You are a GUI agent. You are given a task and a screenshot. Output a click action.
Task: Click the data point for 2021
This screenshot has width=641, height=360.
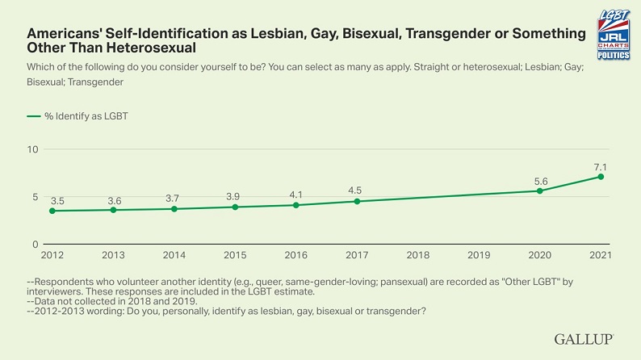tap(601, 177)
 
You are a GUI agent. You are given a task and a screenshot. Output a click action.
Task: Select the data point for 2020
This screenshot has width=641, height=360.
tap(540, 190)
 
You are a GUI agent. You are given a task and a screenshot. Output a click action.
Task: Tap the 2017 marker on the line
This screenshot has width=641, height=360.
tap(357, 201)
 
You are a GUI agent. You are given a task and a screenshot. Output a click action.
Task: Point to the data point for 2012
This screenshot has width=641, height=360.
tap(52, 211)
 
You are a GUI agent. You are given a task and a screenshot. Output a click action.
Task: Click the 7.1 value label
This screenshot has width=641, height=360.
tap(600, 165)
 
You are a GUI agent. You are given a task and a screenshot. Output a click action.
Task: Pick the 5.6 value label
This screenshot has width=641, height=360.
tap(539, 180)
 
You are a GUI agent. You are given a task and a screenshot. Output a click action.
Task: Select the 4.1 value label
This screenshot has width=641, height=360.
tap(295, 194)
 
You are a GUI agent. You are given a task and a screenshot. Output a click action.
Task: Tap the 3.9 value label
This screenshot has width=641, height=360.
tap(235, 196)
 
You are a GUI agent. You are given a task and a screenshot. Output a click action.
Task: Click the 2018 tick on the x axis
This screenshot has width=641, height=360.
tap(418, 255)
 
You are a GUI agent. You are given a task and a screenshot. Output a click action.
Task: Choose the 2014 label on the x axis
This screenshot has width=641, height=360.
tap(174, 255)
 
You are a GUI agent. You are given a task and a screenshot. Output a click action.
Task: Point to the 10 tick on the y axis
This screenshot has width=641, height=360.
tap(32, 149)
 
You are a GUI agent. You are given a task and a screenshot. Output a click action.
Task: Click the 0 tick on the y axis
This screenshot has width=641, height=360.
tap(35, 244)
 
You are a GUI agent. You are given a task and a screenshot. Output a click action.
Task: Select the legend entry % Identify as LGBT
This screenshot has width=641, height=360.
tap(78, 115)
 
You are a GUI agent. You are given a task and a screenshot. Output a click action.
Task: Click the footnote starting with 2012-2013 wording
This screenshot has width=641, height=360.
tap(226, 311)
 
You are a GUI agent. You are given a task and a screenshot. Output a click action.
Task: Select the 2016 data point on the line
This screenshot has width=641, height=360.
tap(296, 205)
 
